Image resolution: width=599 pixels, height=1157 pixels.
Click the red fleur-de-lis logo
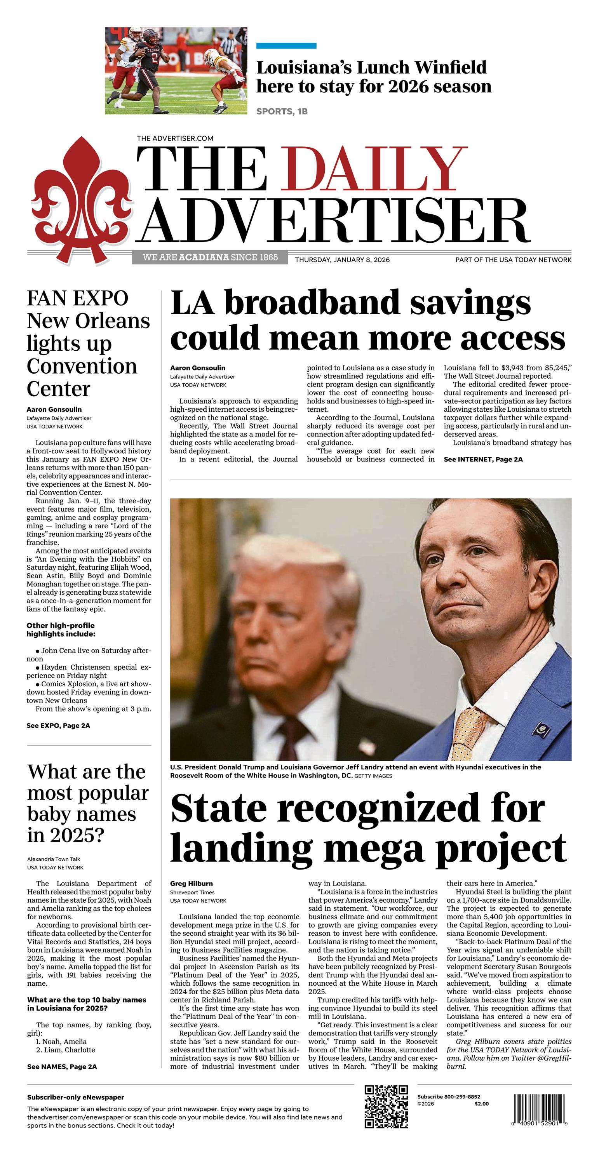tap(81, 200)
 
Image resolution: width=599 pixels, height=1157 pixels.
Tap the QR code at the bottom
tap(386, 1106)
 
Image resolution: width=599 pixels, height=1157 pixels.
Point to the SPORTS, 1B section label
tap(282, 111)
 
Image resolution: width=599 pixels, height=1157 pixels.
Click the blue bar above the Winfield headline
tap(286, 46)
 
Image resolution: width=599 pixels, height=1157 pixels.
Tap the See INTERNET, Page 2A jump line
tap(483, 459)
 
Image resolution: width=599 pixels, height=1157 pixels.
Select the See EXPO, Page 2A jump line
tap(58, 726)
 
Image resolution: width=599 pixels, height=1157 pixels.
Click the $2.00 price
tap(481, 1103)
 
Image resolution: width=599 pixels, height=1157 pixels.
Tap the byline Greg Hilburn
tap(192, 884)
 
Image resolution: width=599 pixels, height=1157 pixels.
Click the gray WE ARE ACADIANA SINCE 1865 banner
tap(210, 257)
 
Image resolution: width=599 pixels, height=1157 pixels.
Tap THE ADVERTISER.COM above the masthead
tap(175, 138)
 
